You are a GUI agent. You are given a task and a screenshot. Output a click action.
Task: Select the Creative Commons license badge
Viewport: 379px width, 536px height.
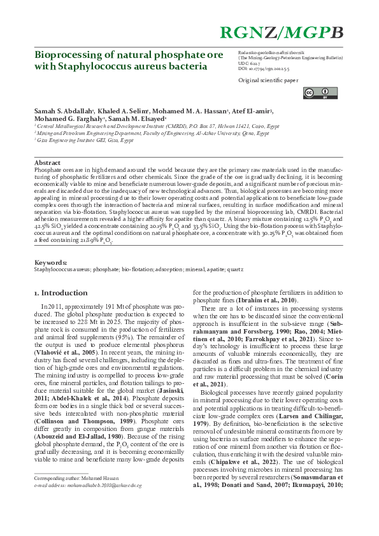[311, 94]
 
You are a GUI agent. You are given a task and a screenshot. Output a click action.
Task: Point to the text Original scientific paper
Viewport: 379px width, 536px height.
[268, 81]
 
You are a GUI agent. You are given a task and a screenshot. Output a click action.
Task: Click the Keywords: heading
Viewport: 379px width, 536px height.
[50, 262]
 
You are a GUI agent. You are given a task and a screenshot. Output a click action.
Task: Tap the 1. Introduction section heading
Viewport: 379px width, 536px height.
[61, 293]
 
